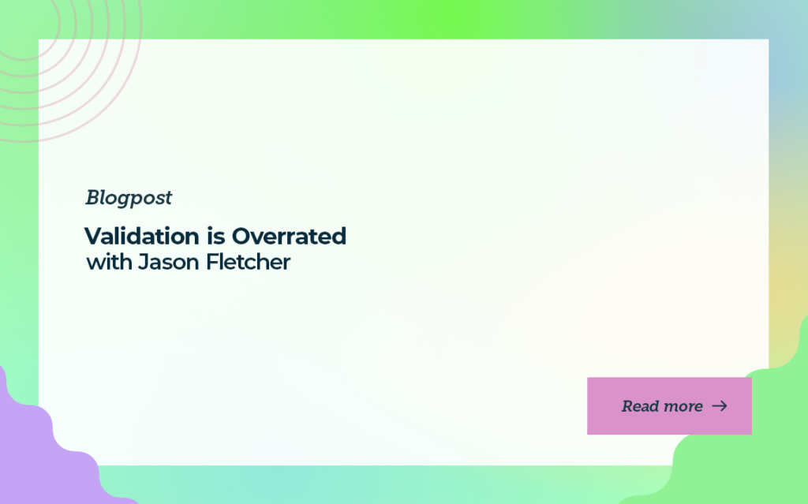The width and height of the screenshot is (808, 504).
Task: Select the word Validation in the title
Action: [x=142, y=236]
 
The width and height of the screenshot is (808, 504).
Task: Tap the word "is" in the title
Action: [x=216, y=236]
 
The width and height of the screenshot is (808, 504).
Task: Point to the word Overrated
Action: [x=289, y=236]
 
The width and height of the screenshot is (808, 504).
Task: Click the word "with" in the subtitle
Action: [x=109, y=262]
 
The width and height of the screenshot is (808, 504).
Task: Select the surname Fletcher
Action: [x=248, y=262]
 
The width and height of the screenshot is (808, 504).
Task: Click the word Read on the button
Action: [x=639, y=406]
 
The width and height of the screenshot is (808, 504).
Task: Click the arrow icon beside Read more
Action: [x=720, y=406]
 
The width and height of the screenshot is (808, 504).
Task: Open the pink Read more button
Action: [x=669, y=406]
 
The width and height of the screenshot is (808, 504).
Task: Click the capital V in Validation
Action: [x=95, y=237]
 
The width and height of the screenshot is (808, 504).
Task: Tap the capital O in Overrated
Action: [x=242, y=237]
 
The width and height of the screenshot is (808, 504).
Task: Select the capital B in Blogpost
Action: [x=93, y=197]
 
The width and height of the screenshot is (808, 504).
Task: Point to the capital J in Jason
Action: [x=144, y=262]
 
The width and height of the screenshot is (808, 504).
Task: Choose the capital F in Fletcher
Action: [x=211, y=262]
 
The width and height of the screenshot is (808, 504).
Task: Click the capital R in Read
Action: [x=627, y=406]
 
